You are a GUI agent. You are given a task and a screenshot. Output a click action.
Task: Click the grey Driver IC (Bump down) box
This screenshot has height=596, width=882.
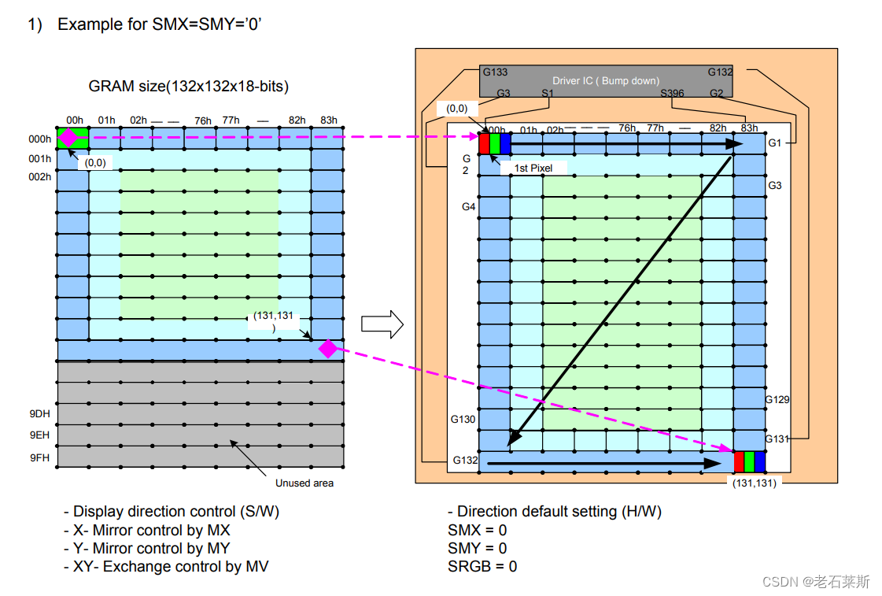click(x=606, y=81)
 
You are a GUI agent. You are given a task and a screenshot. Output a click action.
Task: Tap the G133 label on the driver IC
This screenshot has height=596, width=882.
click(x=495, y=72)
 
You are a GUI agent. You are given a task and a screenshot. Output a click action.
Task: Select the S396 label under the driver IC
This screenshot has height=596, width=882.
click(x=672, y=94)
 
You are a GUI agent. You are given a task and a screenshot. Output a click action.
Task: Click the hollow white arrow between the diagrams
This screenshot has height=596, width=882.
click(x=382, y=324)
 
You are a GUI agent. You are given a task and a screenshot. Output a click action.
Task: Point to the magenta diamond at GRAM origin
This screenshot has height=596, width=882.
click(x=69, y=137)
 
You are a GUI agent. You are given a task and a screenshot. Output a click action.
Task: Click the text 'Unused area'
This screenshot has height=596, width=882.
click(x=304, y=483)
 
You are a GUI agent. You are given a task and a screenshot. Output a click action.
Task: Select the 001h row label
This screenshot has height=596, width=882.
click(x=41, y=158)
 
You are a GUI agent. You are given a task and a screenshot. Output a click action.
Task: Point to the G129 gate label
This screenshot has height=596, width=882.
click(x=777, y=399)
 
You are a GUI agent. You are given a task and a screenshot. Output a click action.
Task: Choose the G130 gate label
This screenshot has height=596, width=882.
click(x=463, y=420)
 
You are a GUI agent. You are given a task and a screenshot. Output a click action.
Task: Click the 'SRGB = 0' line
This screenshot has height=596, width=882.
click(x=482, y=566)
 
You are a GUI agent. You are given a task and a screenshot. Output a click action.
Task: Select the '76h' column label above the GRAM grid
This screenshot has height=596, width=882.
click(x=203, y=120)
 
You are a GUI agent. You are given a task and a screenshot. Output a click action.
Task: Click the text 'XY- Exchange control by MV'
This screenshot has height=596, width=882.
click(x=166, y=566)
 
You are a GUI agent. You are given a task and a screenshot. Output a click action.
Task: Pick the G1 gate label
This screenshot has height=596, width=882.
click(x=775, y=143)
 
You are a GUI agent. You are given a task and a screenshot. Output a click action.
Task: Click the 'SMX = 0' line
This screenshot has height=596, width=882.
click(x=478, y=530)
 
